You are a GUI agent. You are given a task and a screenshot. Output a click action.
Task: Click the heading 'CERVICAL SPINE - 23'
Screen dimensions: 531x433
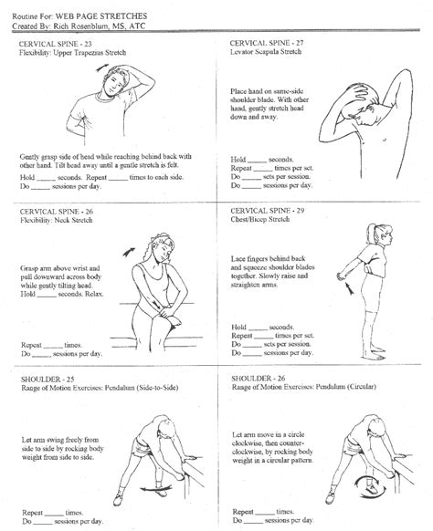click(58, 44)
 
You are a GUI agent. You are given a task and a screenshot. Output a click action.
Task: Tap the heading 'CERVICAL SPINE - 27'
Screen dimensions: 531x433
click(269, 44)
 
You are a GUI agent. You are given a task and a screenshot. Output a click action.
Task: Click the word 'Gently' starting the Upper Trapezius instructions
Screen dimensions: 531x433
click(32, 157)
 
